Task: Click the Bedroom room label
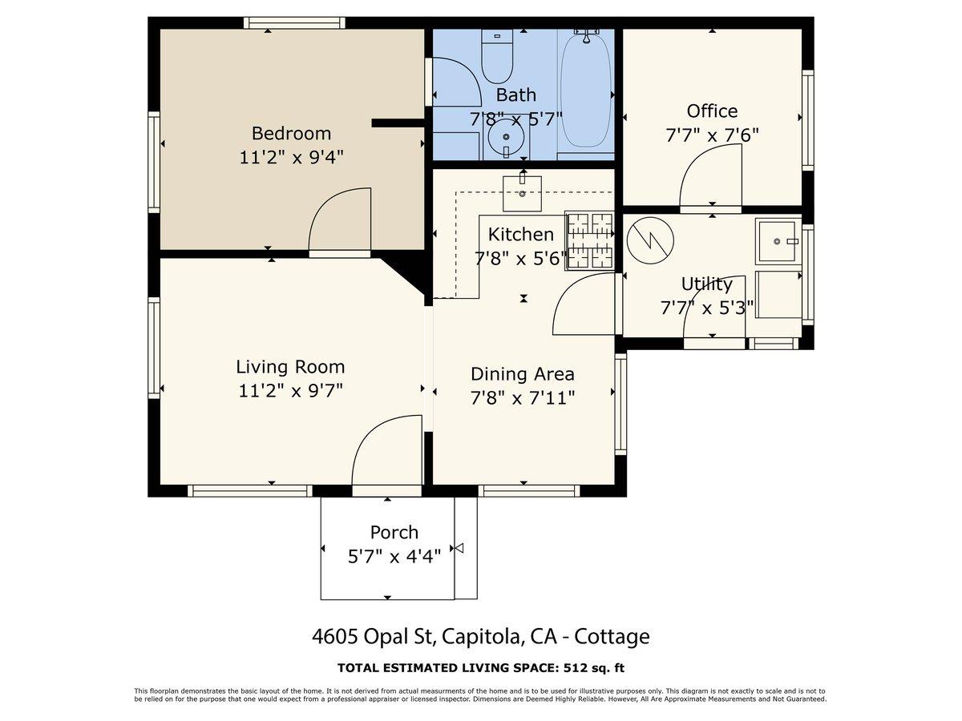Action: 291,133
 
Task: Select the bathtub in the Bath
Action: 585,88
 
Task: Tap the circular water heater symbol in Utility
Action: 650,240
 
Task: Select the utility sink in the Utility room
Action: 778,240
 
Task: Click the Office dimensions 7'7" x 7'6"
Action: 712,135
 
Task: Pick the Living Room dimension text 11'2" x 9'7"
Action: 291,391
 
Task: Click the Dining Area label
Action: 522,374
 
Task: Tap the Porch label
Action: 394,532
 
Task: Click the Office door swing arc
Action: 705,180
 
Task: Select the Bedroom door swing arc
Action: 339,220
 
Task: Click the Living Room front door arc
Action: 386,450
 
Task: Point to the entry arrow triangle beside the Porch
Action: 459,548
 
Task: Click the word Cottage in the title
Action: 614,637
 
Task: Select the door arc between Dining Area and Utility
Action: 584,304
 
